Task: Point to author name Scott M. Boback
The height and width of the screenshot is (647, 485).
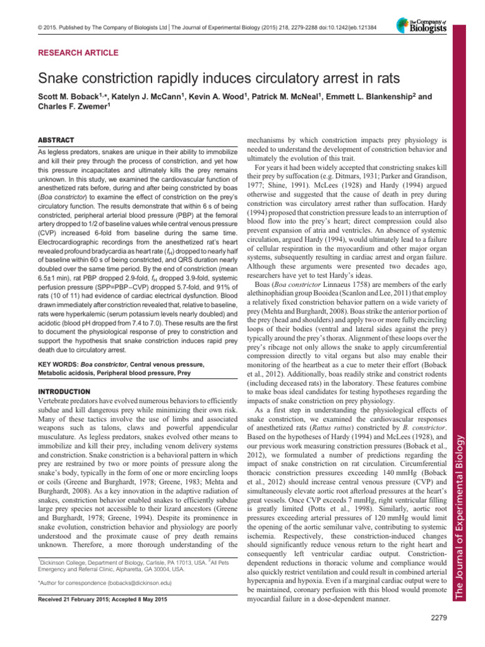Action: point(61,98)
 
